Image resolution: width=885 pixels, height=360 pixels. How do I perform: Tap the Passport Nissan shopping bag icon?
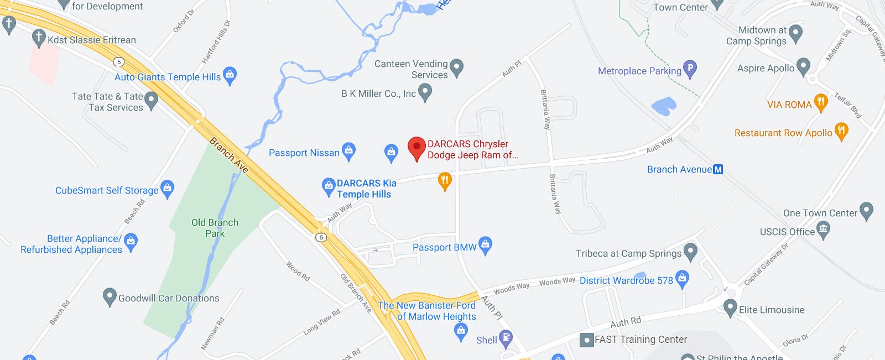[348, 151]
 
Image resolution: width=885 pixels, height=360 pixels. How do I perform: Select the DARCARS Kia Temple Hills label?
[365, 189]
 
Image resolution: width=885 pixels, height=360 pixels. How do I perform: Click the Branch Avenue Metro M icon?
[718, 170]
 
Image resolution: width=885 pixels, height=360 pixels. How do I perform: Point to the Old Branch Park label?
[215, 228]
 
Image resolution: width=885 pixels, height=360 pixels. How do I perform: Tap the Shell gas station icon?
[506, 338]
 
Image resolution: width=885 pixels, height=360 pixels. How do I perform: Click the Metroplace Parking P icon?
[689, 69]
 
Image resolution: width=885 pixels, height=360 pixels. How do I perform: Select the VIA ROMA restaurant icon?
[821, 102]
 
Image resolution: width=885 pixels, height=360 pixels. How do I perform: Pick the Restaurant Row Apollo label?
[783, 133]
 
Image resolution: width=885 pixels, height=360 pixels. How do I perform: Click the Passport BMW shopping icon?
[485, 245]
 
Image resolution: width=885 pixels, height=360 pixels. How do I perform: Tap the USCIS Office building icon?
[824, 230]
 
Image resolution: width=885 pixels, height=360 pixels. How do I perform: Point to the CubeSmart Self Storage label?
[107, 190]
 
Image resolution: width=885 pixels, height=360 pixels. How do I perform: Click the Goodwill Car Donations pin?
[110, 296]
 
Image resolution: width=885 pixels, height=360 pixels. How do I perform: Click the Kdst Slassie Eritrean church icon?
[39, 38]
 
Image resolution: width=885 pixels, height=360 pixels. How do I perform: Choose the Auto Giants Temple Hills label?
[168, 77]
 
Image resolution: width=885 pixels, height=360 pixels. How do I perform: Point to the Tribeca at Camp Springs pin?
[690, 252]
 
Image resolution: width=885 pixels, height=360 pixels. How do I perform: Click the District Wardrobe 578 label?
[626, 280]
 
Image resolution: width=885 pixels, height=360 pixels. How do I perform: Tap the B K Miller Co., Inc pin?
[425, 92]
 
